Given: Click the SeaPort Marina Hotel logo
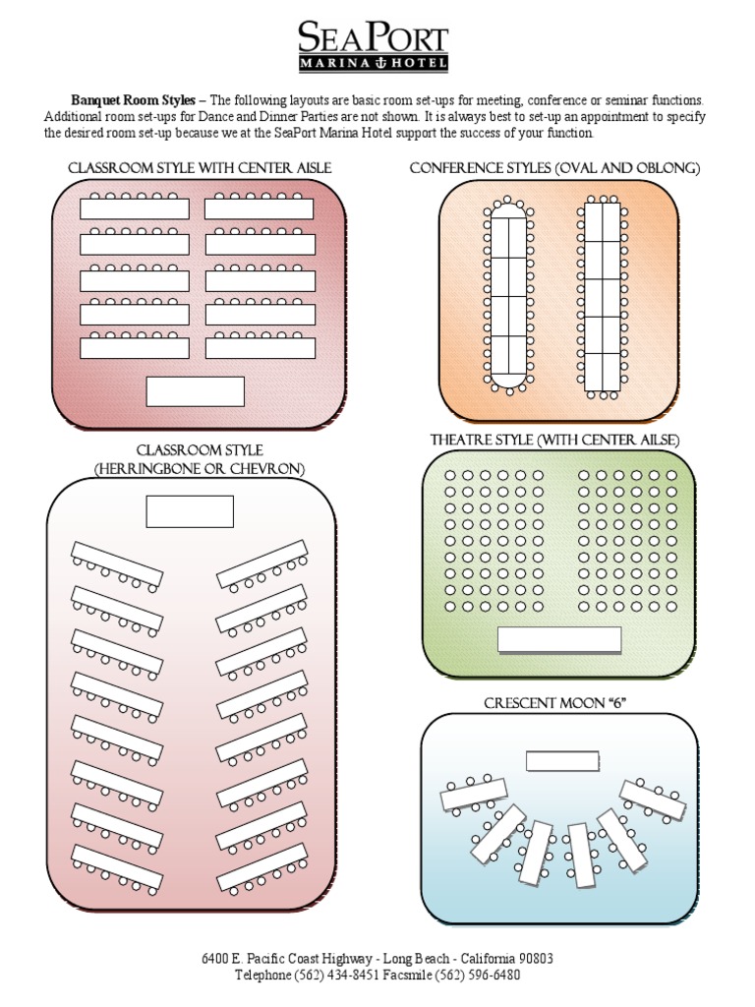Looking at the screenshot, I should click(x=374, y=46).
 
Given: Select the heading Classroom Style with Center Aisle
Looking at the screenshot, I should click(x=199, y=168).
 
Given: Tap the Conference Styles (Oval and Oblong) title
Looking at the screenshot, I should click(x=554, y=168).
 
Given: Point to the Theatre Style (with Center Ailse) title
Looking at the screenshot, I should click(x=554, y=440).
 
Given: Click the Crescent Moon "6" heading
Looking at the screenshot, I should click(x=555, y=703).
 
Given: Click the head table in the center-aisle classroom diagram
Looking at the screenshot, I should click(x=195, y=390).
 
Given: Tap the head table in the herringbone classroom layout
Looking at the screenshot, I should click(x=190, y=511).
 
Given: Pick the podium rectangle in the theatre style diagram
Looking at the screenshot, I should click(x=559, y=640).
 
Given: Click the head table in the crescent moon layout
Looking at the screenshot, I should click(x=562, y=761).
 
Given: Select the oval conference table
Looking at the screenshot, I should click(x=508, y=295).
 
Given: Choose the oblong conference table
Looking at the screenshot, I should click(x=603, y=295).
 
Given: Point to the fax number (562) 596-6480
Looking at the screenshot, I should click(x=479, y=976).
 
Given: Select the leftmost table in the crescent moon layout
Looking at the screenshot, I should click(x=473, y=795).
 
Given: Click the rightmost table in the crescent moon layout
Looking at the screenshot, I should click(x=653, y=800).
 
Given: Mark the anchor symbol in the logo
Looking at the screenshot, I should click(x=374, y=63).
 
